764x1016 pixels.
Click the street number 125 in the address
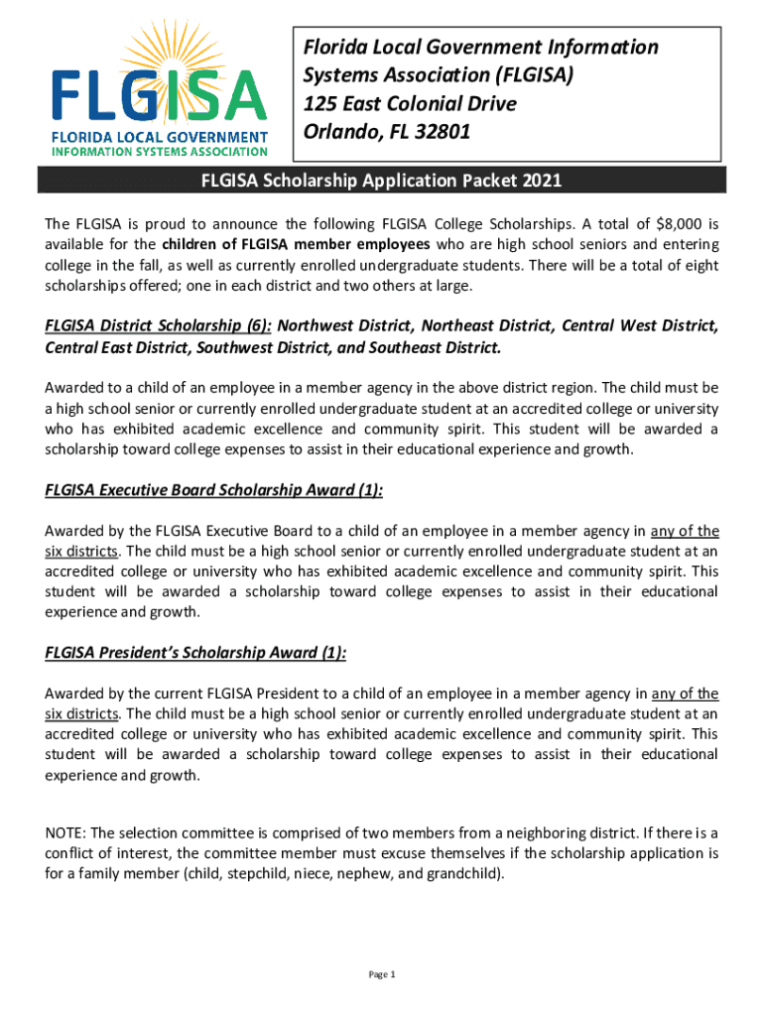pyautogui.click(x=321, y=103)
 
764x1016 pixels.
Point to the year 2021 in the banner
pyautogui.click(x=541, y=181)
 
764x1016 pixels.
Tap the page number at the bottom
pyautogui.click(x=382, y=974)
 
